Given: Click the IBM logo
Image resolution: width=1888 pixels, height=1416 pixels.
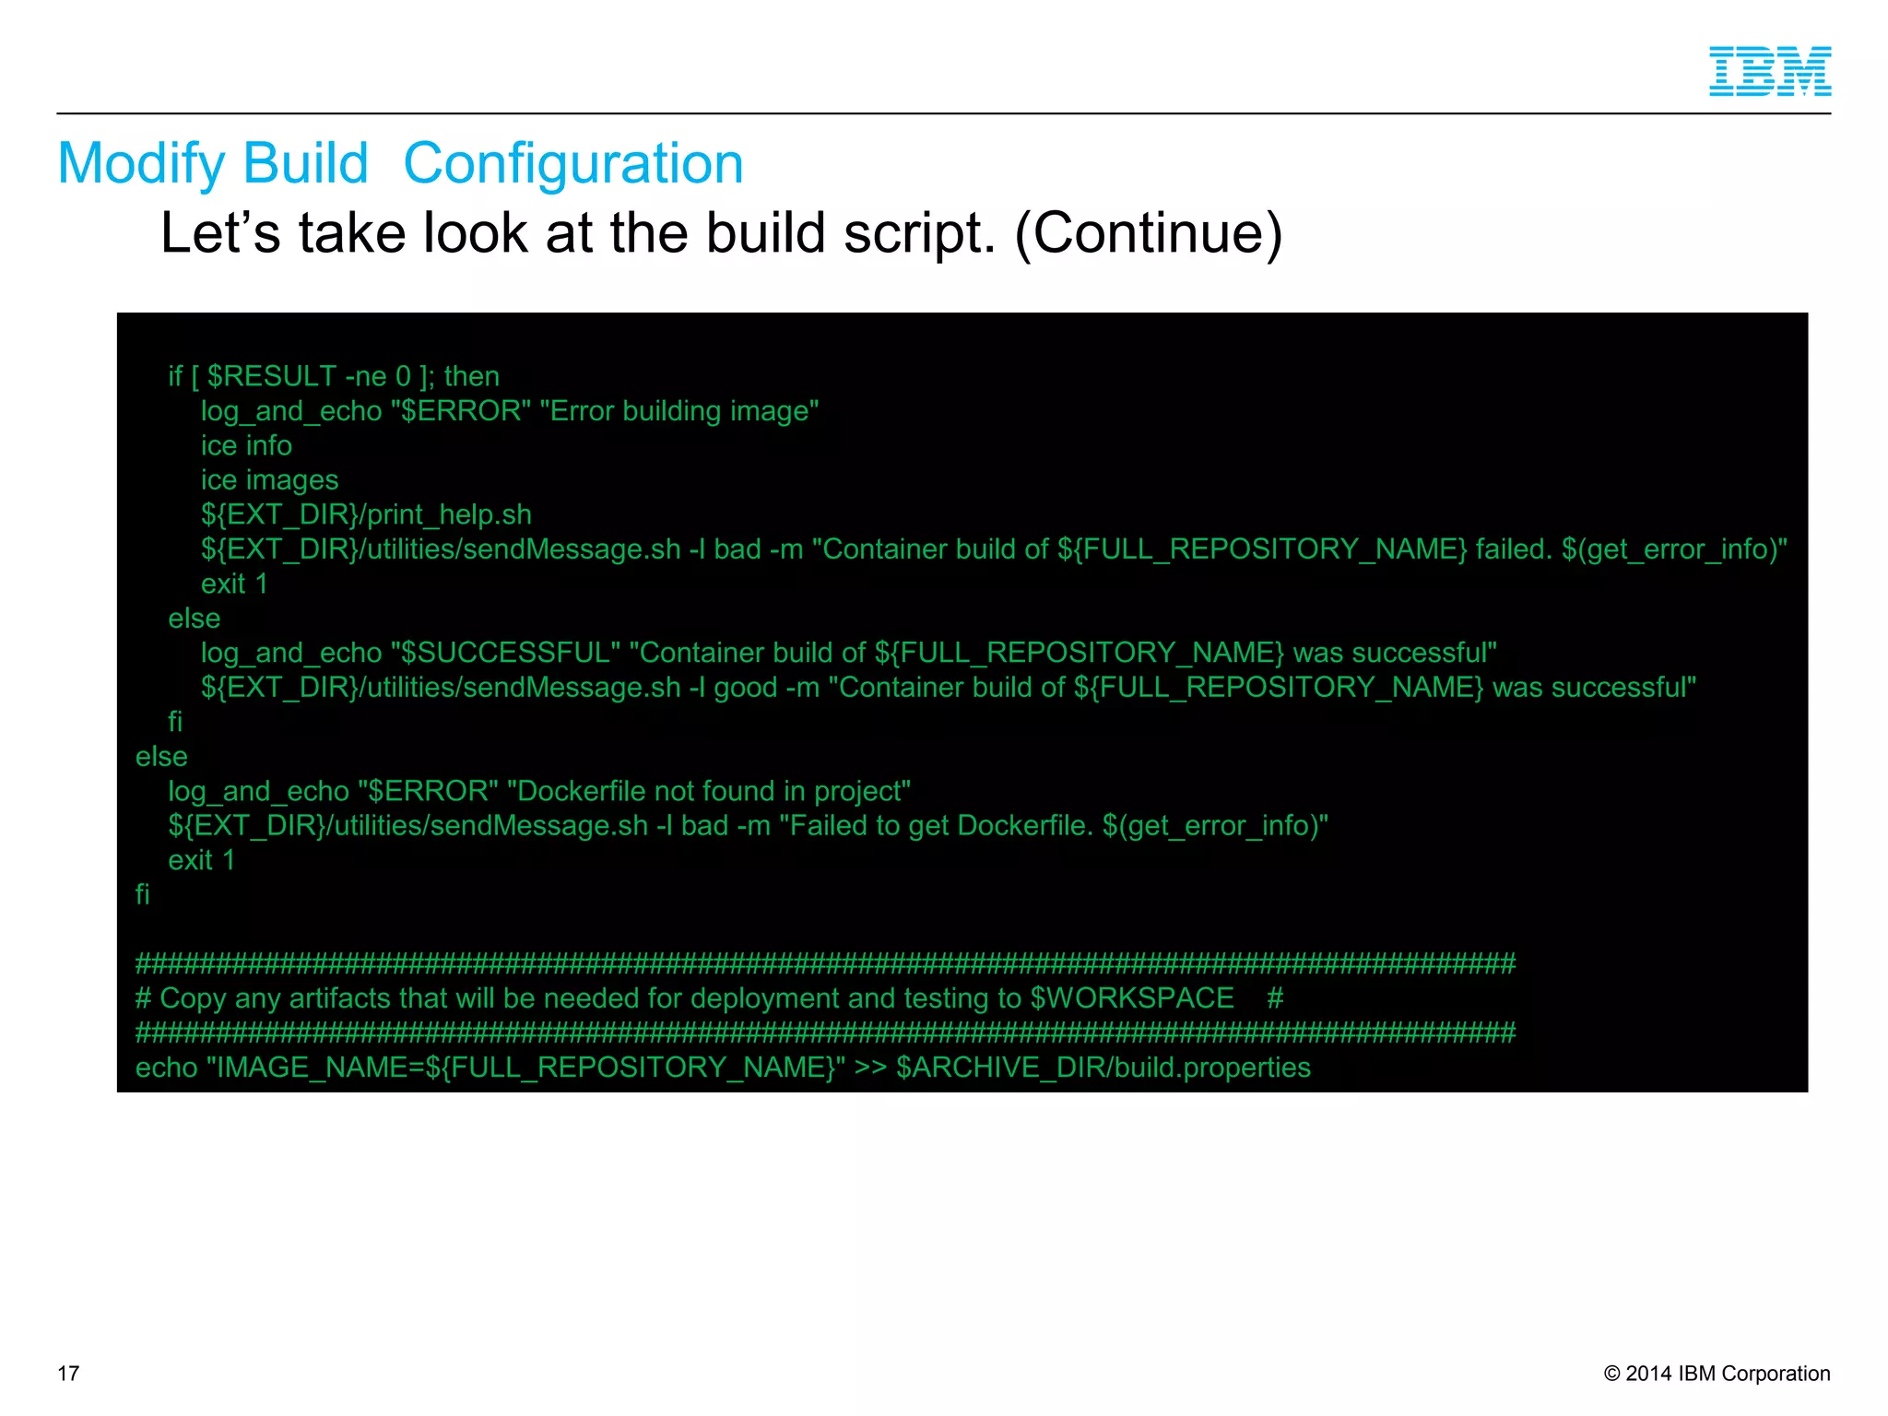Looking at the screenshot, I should coord(1769,71).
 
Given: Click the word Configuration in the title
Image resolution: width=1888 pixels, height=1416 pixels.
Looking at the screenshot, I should coord(572,164).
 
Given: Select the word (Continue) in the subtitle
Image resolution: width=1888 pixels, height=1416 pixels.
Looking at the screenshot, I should coord(1148,232).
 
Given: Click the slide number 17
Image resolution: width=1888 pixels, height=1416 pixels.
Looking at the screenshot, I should coord(68,1373).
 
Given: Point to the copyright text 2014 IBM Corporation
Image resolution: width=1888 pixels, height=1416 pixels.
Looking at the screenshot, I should coord(1727,1373).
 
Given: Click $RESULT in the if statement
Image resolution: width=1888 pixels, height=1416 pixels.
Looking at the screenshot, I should coord(272,376).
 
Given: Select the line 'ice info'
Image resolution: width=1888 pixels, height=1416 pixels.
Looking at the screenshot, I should coord(246,445).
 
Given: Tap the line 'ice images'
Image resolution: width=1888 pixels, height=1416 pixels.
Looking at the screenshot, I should coord(269,480).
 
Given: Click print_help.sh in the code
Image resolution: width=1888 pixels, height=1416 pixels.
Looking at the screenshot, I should coord(449,514).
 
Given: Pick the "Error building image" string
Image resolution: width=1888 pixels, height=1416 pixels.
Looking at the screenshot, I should coord(684,411).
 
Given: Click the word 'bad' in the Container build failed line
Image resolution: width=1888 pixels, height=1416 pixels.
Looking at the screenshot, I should coord(737,549).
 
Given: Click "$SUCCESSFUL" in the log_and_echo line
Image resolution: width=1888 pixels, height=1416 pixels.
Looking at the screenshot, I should coord(505,653).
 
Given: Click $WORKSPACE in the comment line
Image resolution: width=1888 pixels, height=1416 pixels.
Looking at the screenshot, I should coord(1132,998).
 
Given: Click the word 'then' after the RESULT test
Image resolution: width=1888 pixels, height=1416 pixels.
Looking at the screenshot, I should coord(471,376).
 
